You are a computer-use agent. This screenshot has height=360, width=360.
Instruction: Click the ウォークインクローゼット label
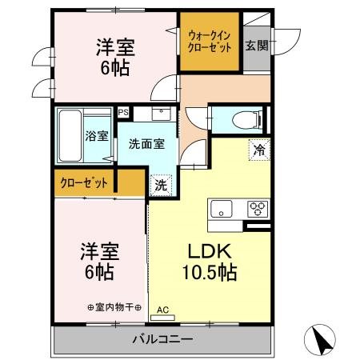click(209, 41)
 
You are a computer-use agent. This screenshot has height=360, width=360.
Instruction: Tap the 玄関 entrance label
click(256, 45)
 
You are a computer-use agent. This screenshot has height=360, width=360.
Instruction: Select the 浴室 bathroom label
click(97, 136)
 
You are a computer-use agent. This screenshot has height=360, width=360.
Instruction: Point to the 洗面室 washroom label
click(147, 144)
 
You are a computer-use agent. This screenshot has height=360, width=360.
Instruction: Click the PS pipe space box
click(122, 112)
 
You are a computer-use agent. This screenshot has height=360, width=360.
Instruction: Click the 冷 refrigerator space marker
click(259, 150)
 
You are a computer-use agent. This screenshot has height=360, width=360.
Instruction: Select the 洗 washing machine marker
click(160, 184)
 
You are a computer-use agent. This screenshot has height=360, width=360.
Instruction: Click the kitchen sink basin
click(220, 210)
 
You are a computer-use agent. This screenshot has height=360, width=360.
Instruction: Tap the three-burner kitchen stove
click(258, 210)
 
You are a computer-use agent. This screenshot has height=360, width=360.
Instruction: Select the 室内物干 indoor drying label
click(114, 307)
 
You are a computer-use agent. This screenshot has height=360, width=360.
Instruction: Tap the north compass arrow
click(322, 340)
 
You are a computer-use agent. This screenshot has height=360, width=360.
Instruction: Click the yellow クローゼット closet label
click(84, 182)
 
